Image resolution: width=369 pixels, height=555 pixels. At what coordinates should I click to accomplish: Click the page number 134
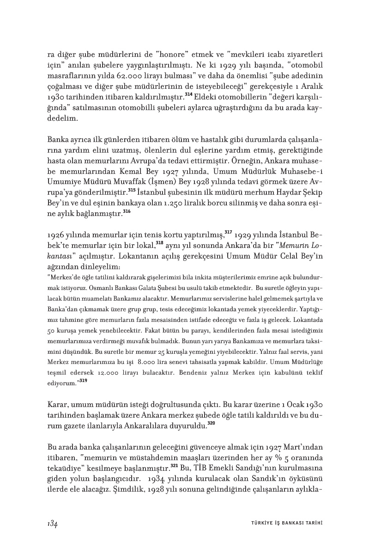(x=52, y=523)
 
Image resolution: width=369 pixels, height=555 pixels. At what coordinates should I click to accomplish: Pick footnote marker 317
(x=228, y=232)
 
